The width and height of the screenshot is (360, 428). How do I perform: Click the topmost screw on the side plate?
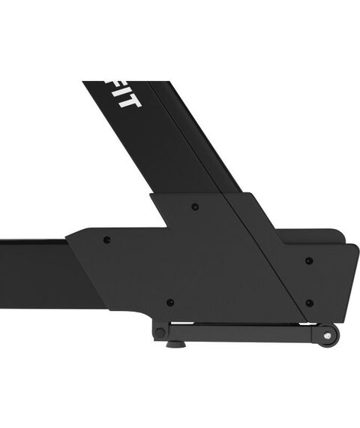pos(195,206)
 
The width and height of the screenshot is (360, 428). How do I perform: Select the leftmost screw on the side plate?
pos(106,240)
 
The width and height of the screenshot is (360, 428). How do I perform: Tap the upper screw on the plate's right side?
pos(310,261)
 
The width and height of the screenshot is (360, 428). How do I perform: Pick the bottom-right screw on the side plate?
pos(309,303)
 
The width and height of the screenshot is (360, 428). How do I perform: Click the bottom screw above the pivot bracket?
pos(170,302)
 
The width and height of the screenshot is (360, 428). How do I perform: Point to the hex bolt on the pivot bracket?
pos(160,330)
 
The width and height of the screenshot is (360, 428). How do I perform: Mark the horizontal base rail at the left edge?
pos(30,259)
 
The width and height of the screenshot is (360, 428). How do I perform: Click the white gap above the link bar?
pos(240,322)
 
